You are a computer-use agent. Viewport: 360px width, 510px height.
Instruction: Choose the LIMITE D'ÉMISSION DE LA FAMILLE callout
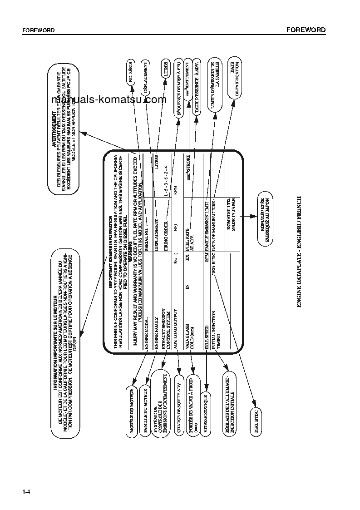(215, 85)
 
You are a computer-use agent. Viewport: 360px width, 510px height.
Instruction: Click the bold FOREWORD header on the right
(306, 30)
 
